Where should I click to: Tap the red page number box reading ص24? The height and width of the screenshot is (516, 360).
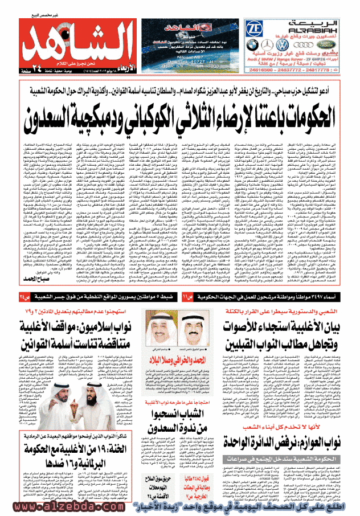(x=22, y=298)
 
